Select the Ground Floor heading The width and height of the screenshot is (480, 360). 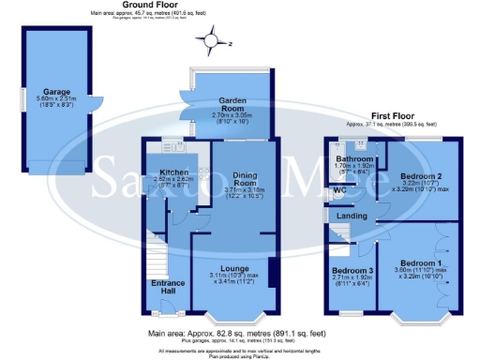[148, 6]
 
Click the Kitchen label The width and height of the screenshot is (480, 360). [173, 172]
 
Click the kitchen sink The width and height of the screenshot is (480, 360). [171, 145]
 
